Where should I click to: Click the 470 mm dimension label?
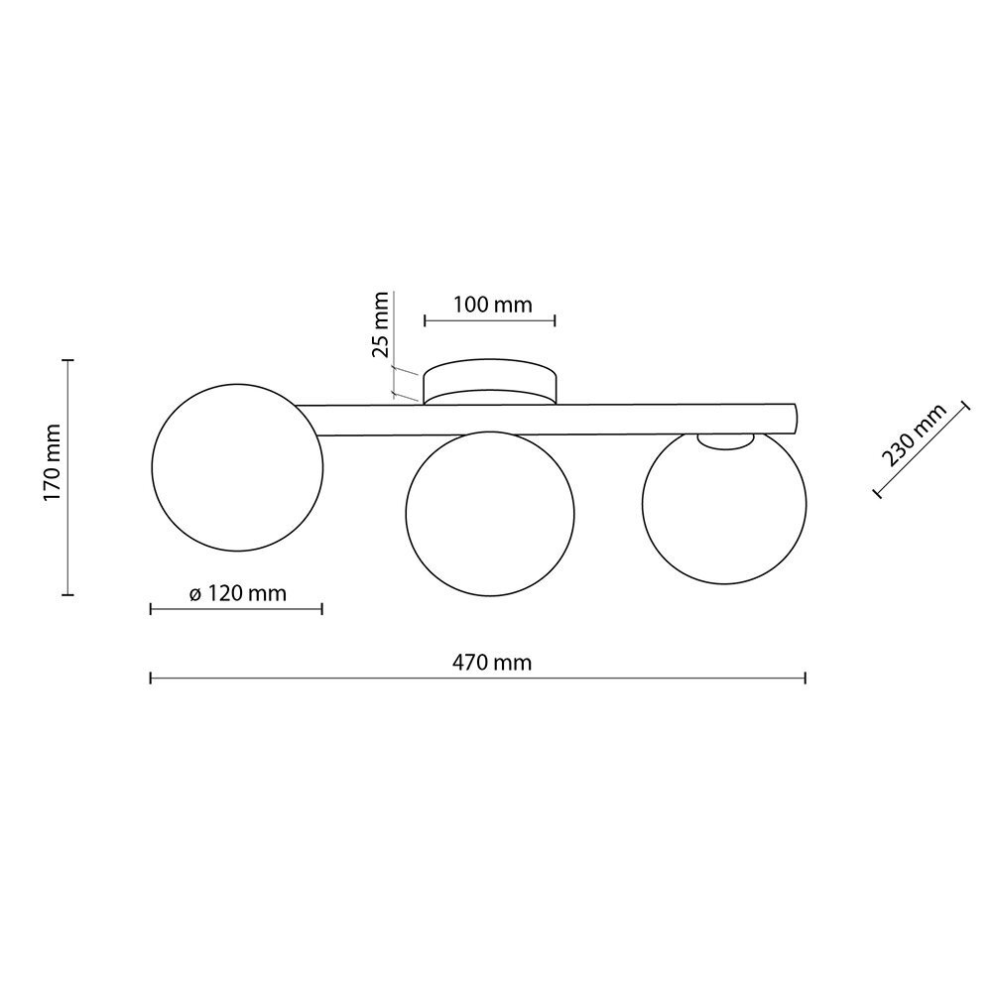tap(492, 663)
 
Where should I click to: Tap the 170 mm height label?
tap(52, 463)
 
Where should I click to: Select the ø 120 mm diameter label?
tap(238, 593)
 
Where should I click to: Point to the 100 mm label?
tap(493, 305)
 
